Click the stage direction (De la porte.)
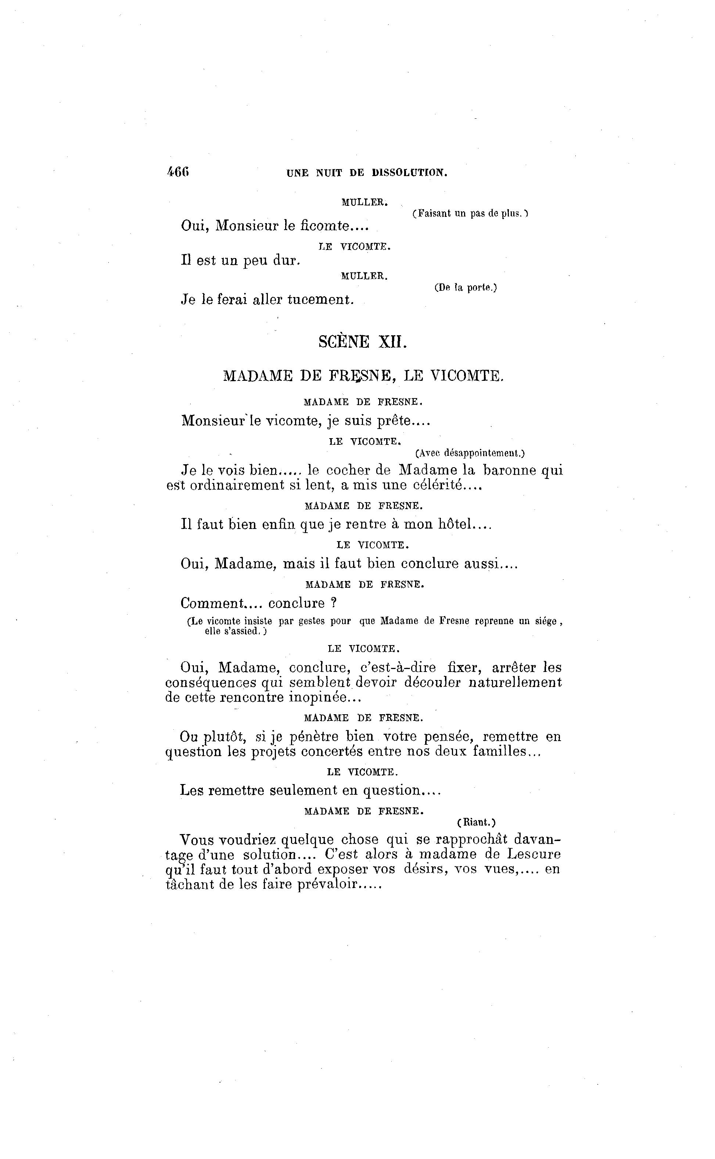[465, 287]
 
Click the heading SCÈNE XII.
[362, 341]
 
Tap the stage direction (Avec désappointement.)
[470, 453]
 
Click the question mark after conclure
[333, 603]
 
